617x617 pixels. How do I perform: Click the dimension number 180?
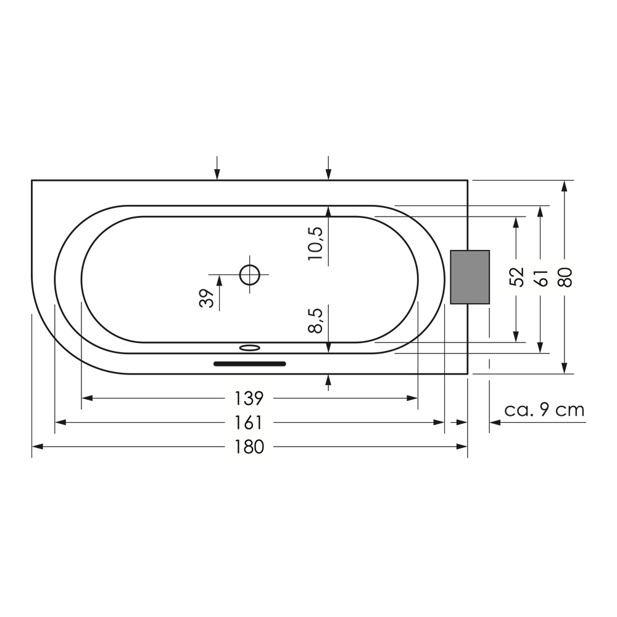pyautogui.click(x=249, y=447)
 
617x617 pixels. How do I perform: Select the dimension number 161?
pyautogui.click(x=249, y=423)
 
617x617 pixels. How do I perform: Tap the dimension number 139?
pyautogui.click(x=249, y=399)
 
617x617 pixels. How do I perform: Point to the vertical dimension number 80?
pyautogui.click(x=565, y=278)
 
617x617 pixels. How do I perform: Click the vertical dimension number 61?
pyautogui.click(x=542, y=278)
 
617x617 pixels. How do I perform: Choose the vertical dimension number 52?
pyautogui.click(x=517, y=277)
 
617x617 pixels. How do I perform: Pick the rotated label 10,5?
pyautogui.click(x=315, y=243)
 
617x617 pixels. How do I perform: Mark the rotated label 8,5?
pyautogui.click(x=315, y=321)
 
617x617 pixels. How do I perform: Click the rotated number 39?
pyautogui.click(x=207, y=298)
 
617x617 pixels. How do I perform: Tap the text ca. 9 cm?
pyautogui.click(x=545, y=410)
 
